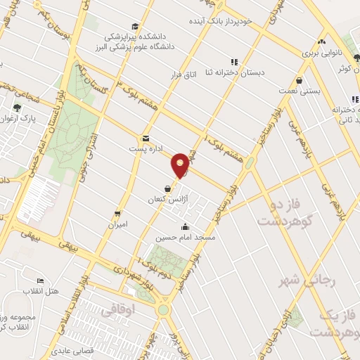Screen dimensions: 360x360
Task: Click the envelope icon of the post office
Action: pyautogui.click(x=146, y=139)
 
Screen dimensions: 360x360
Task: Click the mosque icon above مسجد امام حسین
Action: pyautogui.click(x=185, y=227)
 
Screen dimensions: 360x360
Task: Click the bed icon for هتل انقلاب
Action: pyautogui.click(x=39, y=281)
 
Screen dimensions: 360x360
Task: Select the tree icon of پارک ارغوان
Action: pyautogui.click(x=16, y=108)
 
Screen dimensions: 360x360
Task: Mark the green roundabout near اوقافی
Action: pyautogui.click(x=163, y=309)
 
